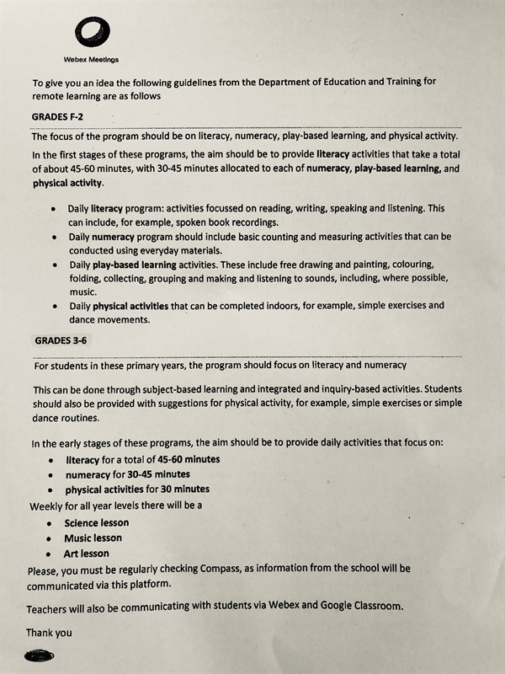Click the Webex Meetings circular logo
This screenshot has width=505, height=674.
pyautogui.click(x=92, y=33)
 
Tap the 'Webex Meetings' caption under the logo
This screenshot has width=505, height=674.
pyautogui.click(x=91, y=59)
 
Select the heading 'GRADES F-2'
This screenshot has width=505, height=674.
pyautogui.click(x=58, y=116)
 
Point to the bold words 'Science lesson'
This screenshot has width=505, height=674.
pyautogui.click(x=97, y=522)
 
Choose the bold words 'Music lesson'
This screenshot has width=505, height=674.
pyautogui.click(x=93, y=538)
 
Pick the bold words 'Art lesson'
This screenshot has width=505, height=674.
pyautogui.click(x=87, y=554)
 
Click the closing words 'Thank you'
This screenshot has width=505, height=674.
pyautogui.click(x=49, y=632)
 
